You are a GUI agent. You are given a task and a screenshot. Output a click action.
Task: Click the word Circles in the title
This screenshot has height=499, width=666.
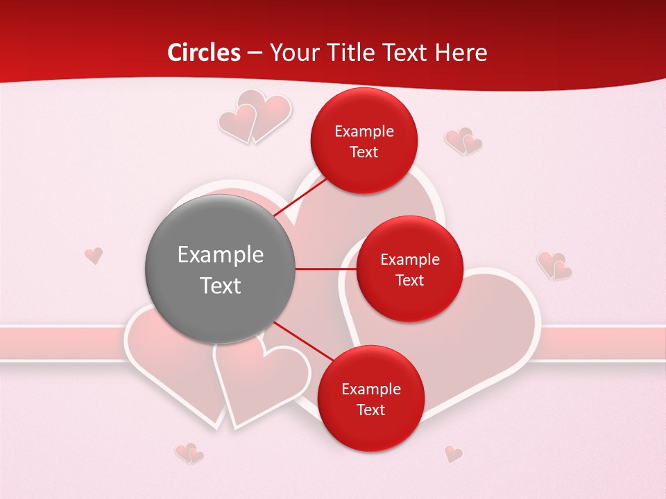(203, 53)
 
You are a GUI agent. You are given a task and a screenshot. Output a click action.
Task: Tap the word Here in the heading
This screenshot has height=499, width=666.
(461, 53)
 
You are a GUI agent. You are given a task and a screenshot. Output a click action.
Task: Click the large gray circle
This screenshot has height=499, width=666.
(220, 269)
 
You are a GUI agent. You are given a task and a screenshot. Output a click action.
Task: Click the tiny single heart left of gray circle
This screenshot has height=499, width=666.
(94, 256)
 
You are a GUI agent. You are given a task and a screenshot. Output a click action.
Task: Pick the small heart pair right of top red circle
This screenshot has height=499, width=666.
(463, 141)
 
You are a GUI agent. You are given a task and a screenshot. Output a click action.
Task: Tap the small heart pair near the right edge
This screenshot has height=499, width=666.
(554, 265)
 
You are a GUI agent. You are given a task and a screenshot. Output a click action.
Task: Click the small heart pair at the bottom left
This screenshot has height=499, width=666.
(189, 453)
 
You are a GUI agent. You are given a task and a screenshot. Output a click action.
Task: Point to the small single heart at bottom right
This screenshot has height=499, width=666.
(454, 454)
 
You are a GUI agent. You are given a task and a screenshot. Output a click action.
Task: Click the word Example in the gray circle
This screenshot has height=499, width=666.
(220, 255)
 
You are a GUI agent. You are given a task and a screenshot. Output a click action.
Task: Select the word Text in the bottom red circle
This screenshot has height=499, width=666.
(370, 410)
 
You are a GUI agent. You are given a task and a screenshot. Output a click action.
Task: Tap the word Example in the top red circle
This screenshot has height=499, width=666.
(364, 132)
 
